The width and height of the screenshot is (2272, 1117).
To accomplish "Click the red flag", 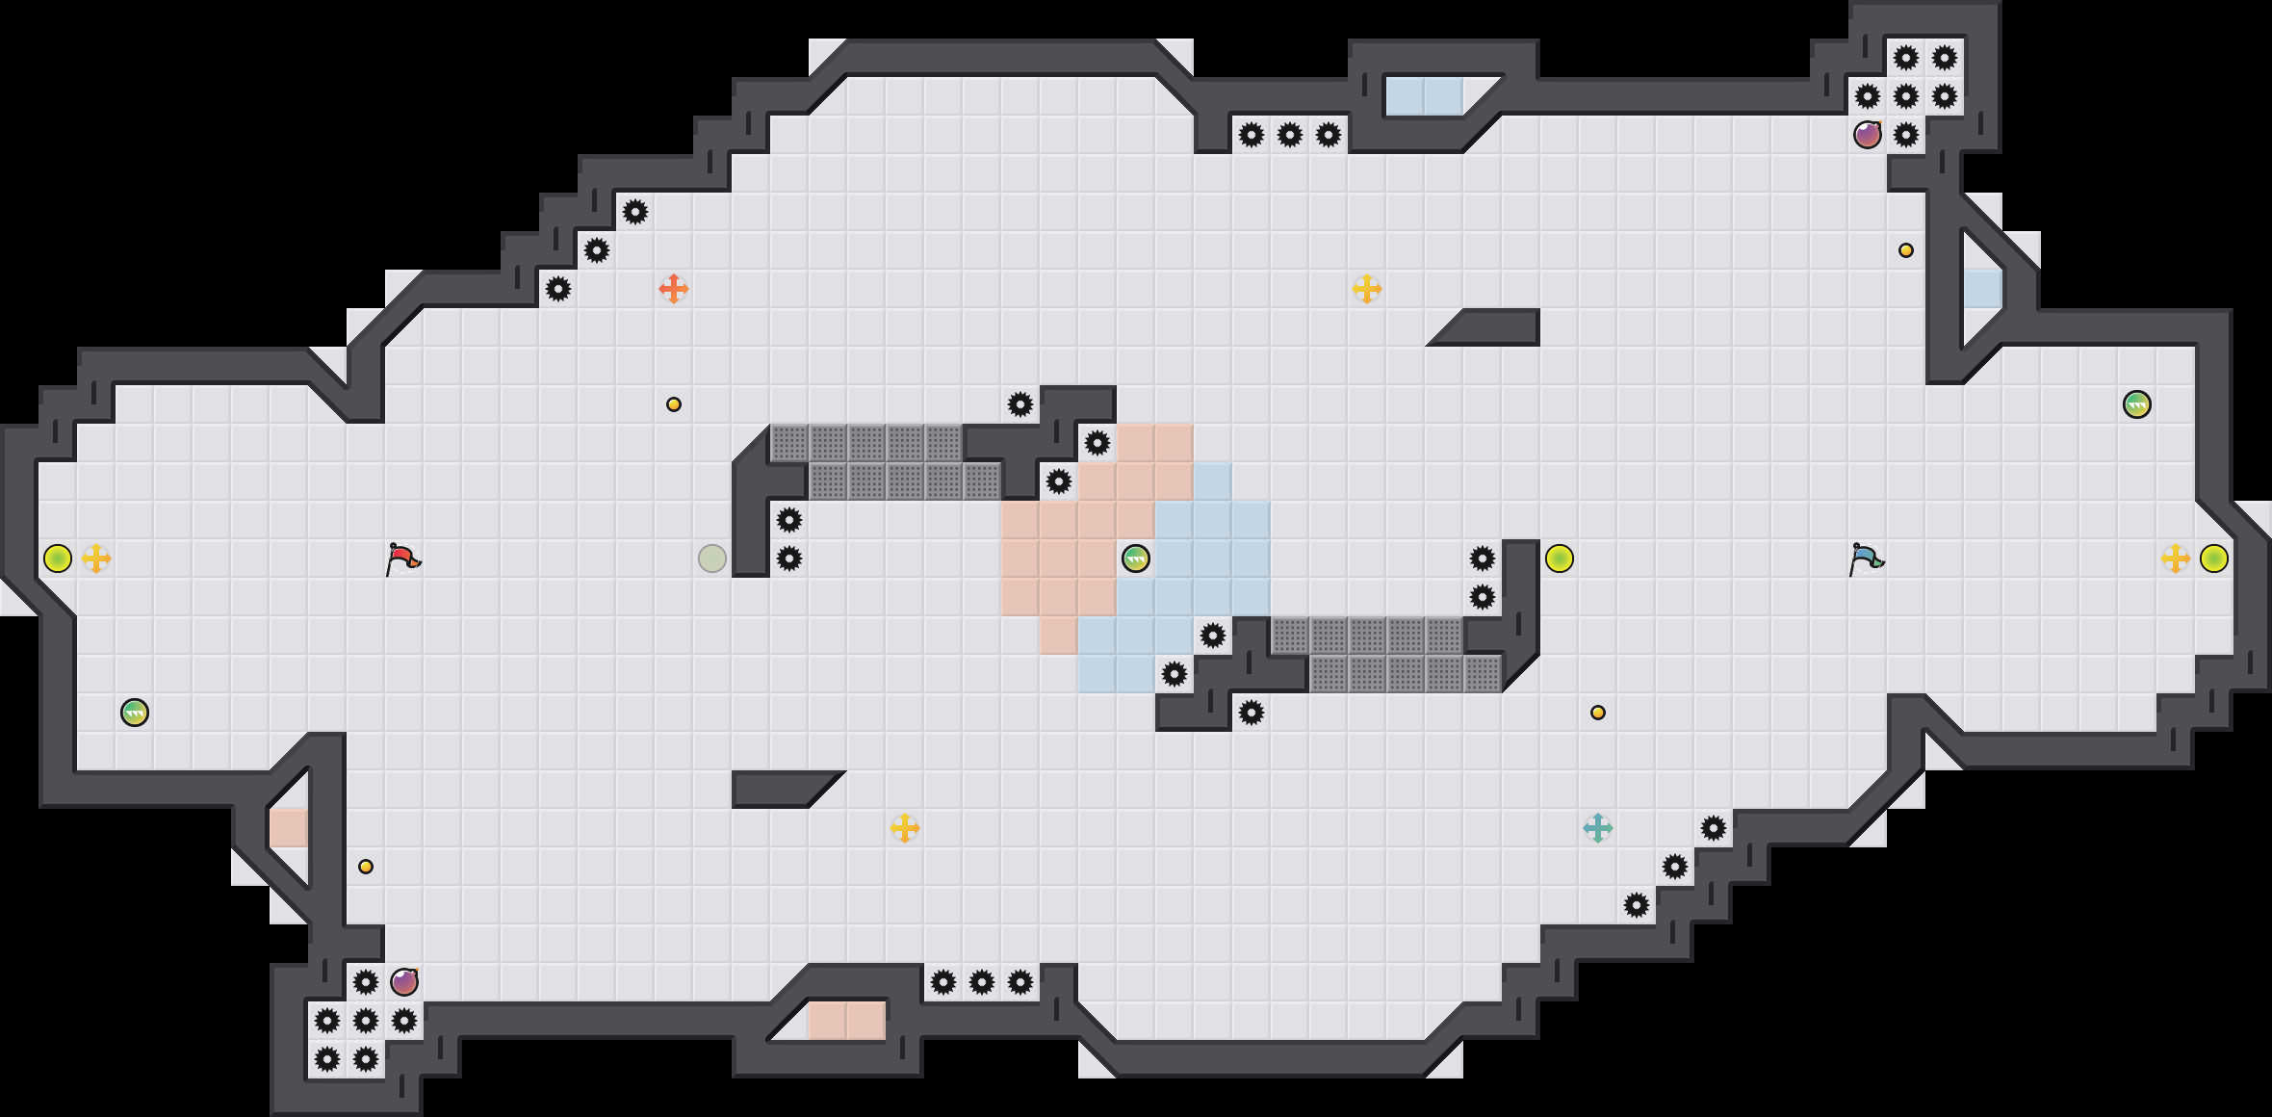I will [403, 558].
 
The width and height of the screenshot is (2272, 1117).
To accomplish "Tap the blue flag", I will [1867, 558].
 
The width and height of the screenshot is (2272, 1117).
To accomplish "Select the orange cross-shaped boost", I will [674, 289].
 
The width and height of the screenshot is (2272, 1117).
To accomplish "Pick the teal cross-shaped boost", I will [1598, 828].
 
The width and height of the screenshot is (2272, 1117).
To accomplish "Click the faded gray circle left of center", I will [712, 558].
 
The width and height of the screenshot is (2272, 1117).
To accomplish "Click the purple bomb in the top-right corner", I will [1868, 135].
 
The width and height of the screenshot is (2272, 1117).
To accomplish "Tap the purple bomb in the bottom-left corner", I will [404, 982].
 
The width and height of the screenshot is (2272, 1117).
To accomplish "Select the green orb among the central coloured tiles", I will [1136, 558].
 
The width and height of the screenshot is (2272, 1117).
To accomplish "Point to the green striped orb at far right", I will [2137, 404].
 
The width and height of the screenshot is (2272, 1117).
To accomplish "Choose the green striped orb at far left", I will [135, 713].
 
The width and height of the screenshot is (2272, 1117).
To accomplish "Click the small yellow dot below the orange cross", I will [674, 404].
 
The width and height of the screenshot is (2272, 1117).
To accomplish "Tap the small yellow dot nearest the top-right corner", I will [1906, 250].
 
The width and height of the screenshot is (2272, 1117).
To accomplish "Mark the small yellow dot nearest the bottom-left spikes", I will [366, 867].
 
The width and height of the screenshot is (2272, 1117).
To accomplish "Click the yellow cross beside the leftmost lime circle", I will [96, 558].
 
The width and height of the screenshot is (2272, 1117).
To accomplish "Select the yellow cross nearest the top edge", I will [1367, 289].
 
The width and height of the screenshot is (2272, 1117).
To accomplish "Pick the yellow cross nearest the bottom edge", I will [905, 828].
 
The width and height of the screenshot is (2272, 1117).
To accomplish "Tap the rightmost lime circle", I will [2214, 558].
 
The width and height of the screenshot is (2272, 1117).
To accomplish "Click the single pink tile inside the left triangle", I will [289, 828].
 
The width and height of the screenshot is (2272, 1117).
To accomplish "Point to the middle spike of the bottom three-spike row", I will [982, 982].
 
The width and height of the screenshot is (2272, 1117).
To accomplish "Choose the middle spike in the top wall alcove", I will [1290, 135].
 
